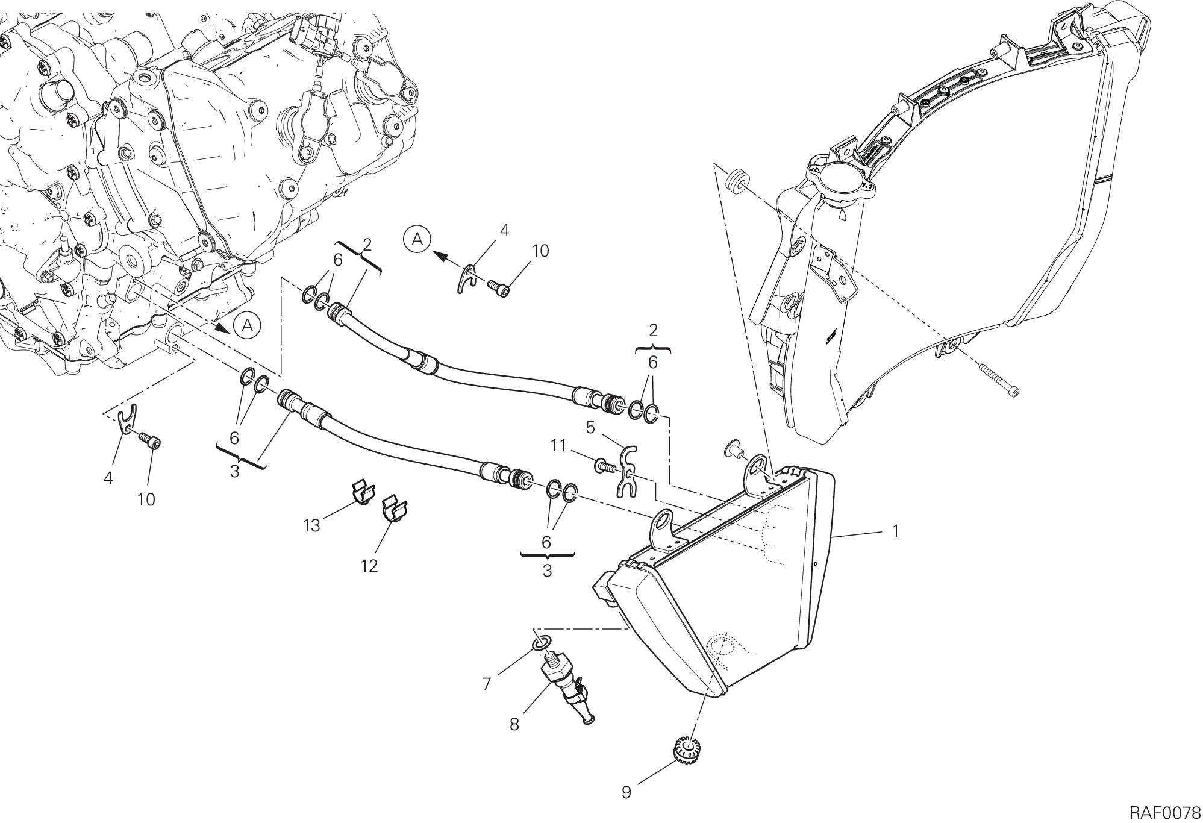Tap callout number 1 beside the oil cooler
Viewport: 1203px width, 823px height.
[x=895, y=531]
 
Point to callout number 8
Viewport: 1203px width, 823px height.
[x=514, y=724]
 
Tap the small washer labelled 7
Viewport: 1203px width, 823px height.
[x=540, y=643]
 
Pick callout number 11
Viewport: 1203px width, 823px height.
[x=558, y=445]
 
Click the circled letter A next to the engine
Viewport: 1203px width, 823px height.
[x=247, y=326]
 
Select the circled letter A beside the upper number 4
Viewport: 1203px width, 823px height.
[x=417, y=240]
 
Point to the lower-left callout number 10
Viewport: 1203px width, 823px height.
[x=146, y=499]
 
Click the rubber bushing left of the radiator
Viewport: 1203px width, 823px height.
[x=737, y=181]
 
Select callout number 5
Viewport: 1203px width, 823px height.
[x=590, y=428]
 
